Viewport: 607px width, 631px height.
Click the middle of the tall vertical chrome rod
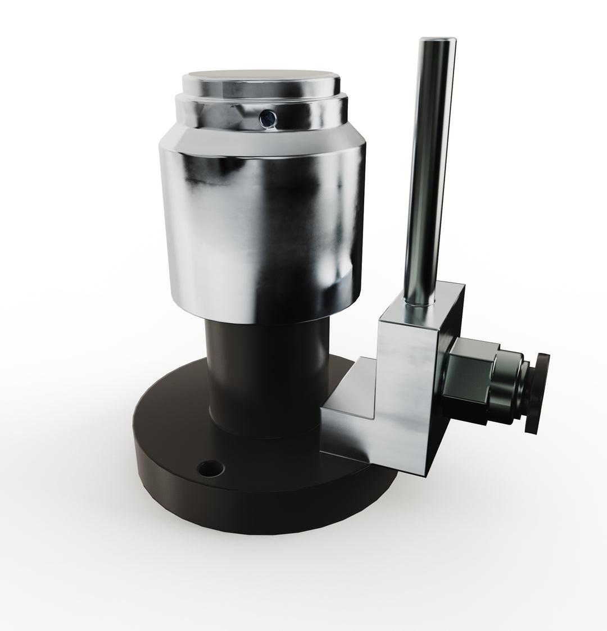(427, 169)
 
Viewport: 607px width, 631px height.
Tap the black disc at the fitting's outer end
(540, 393)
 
